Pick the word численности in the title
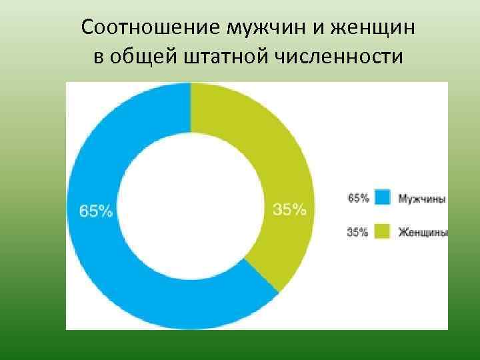click(338, 57)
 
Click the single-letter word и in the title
click(312, 29)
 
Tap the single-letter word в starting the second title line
click(98, 57)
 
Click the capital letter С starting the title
click(88, 28)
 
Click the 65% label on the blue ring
click(96, 211)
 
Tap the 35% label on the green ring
click(290, 209)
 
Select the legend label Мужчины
click(422, 198)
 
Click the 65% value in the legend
click(357, 198)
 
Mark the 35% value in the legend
click(357, 233)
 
